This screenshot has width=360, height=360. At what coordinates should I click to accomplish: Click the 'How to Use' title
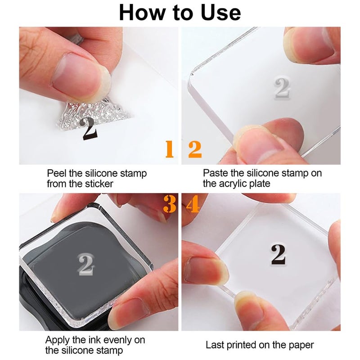coord(180,13)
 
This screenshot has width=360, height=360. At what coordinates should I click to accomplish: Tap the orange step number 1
coord(169,149)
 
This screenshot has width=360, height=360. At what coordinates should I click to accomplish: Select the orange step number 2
coord(194,149)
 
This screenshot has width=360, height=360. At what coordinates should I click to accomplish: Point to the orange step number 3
coord(169,204)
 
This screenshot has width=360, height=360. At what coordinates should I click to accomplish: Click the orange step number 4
coord(192,204)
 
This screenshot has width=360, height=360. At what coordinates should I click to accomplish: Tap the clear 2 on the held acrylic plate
coord(282,87)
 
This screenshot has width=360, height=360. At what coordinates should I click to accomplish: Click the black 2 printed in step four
coord(278,255)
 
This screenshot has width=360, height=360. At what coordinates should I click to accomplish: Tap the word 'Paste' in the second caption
coord(215,173)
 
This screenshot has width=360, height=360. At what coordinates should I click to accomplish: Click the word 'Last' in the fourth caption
coord(214,346)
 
